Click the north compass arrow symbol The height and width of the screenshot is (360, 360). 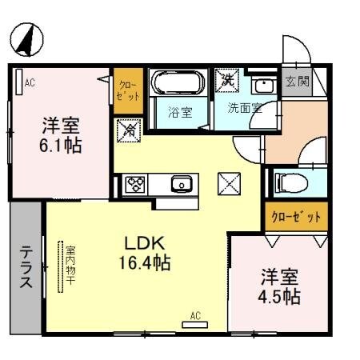coord(26,37)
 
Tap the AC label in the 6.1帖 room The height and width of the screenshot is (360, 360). coord(30,82)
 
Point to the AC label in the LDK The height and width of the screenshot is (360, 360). coord(195,315)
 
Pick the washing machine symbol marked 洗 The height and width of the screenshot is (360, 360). coord(226,80)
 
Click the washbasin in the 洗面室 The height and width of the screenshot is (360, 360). coord(262,85)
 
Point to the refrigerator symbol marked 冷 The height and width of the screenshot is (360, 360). coord(127,130)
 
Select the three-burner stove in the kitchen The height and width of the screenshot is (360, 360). coord(134,185)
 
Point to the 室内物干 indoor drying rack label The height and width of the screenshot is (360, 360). coord(69,266)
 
